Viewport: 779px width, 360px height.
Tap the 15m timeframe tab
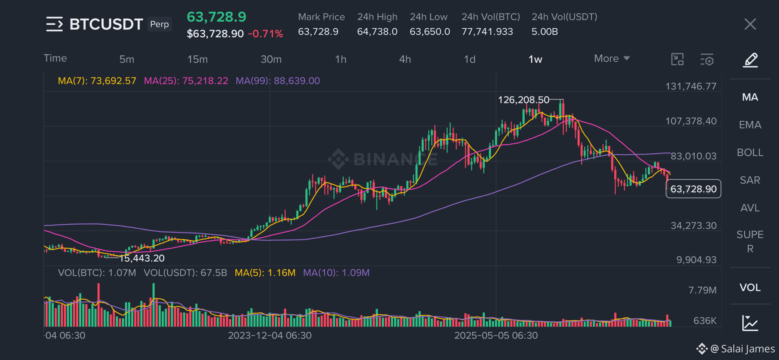coord(197,59)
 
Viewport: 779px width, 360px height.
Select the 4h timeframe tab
coord(405,59)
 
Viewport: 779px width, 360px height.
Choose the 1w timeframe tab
coord(535,59)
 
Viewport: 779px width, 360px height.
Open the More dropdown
coord(612,58)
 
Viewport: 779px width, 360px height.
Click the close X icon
coord(750,24)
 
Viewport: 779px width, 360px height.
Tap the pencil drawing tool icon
coord(750,60)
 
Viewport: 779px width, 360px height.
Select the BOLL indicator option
coord(750,153)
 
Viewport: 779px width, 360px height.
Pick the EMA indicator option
coord(750,125)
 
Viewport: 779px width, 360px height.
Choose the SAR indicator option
coord(750,180)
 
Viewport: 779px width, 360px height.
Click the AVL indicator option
coord(750,208)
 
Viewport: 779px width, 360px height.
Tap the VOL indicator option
coord(750,287)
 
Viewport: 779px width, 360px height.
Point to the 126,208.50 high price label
coord(523,100)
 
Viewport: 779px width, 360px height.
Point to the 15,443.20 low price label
coord(142,258)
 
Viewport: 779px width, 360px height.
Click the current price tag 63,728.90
coord(693,189)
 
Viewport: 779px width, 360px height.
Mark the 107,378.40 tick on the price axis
coord(691,121)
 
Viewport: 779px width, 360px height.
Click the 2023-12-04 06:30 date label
coord(270,336)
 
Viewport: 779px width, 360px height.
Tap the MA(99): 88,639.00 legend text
coord(278,81)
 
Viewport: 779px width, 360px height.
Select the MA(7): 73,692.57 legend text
coord(97,81)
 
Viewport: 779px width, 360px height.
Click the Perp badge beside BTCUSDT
coord(160,24)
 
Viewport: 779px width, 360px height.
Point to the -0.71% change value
coord(265,34)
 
